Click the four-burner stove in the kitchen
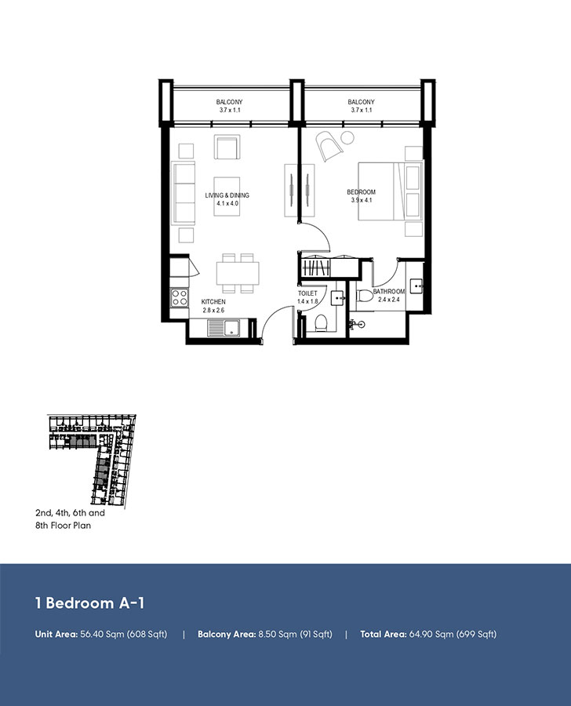click(x=179, y=297)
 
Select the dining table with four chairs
click(x=238, y=271)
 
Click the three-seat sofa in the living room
click(x=184, y=194)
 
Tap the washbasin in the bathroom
click(x=416, y=286)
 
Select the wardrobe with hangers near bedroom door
click(x=326, y=267)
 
